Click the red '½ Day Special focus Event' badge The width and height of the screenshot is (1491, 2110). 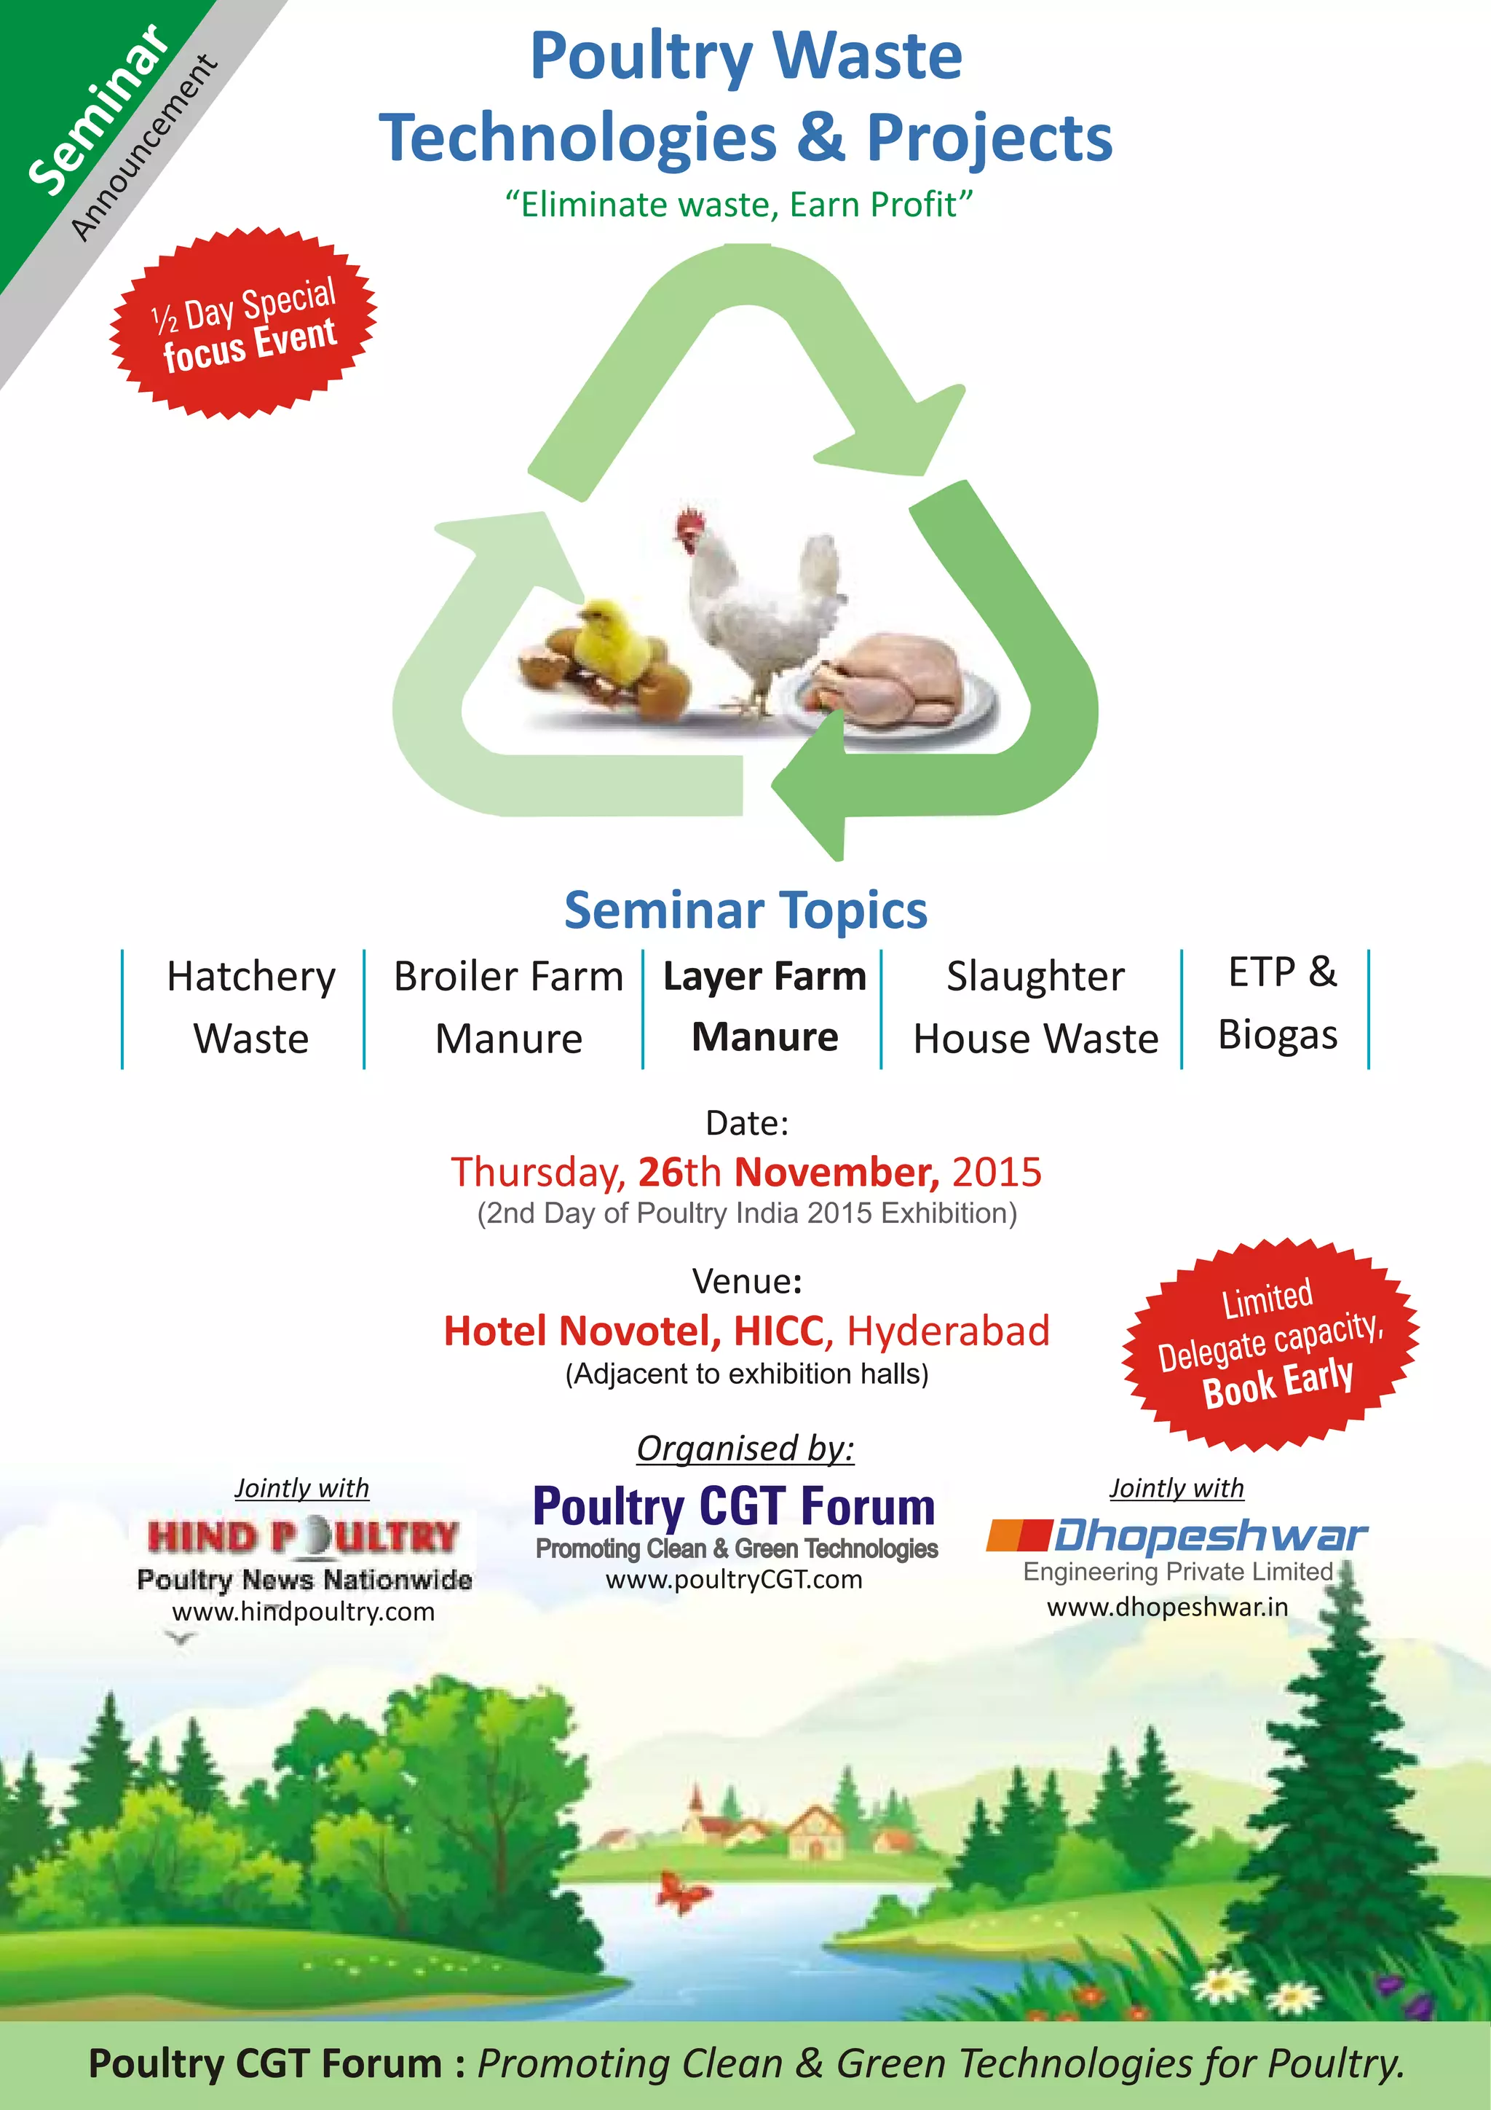pyautogui.click(x=243, y=323)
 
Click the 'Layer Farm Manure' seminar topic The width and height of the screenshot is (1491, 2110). pyautogui.click(x=764, y=1007)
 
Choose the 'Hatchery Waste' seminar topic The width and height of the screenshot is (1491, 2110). pyautogui.click(x=250, y=1007)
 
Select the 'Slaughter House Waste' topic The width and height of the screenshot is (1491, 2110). pyautogui.click(x=1035, y=1007)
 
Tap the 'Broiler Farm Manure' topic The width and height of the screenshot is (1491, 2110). pyautogui.click(x=508, y=1007)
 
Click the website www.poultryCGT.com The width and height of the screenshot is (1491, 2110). pyautogui.click(x=734, y=1579)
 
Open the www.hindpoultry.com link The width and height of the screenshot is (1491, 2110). pyautogui.click(x=303, y=1611)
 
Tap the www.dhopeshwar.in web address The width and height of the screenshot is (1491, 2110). pyautogui.click(x=1168, y=1607)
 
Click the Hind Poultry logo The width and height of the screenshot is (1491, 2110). pyautogui.click(x=303, y=1537)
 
